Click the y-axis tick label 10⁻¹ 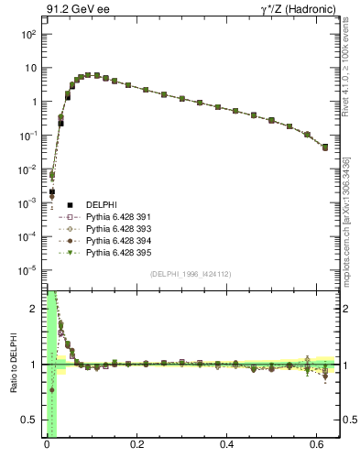coord(27,136)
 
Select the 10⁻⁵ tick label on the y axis coord(27,270)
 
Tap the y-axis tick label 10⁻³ coord(27,203)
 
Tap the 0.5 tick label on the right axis coord(349,420)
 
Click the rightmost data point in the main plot coord(325,147)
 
